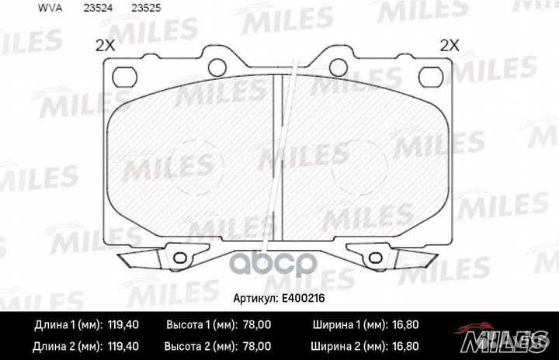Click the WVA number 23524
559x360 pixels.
click(98, 9)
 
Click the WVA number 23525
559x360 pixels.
click(146, 9)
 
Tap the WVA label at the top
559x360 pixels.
click(50, 9)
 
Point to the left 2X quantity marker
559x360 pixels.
click(105, 46)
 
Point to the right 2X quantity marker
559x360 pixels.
click(450, 46)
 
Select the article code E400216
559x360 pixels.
click(304, 298)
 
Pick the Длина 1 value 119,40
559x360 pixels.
click(123, 325)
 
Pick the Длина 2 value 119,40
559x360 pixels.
click(123, 346)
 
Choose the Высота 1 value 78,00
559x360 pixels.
click(257, 325)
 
